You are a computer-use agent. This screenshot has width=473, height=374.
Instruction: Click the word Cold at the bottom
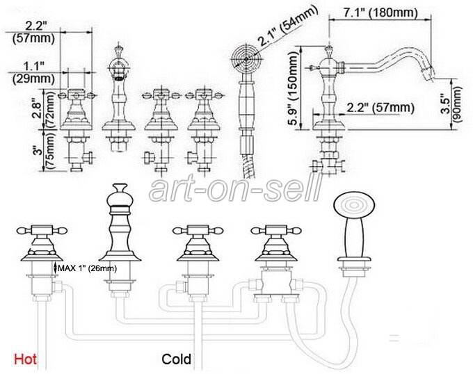point(177,360)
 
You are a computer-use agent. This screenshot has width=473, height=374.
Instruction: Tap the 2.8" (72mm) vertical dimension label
point(41,112)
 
